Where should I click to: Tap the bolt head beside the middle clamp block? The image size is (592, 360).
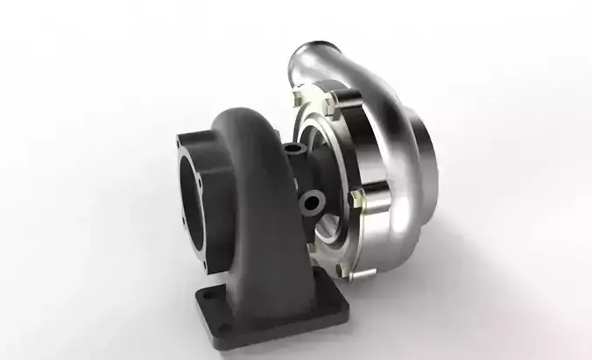click(355, 201)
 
